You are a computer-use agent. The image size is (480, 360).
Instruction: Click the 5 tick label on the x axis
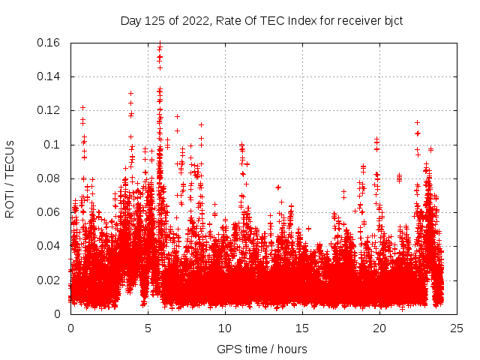click(148, 328)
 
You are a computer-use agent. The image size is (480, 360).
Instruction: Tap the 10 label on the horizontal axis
click(225, 328)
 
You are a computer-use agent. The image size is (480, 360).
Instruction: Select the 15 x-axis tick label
click(302, 328)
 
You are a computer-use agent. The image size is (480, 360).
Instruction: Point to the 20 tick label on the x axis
click(379, 328)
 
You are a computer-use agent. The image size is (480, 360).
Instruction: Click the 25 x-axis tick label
click(457, 328)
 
